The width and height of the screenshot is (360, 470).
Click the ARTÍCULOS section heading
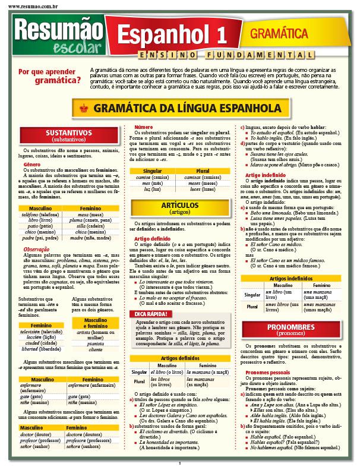[x=179, y=208]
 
